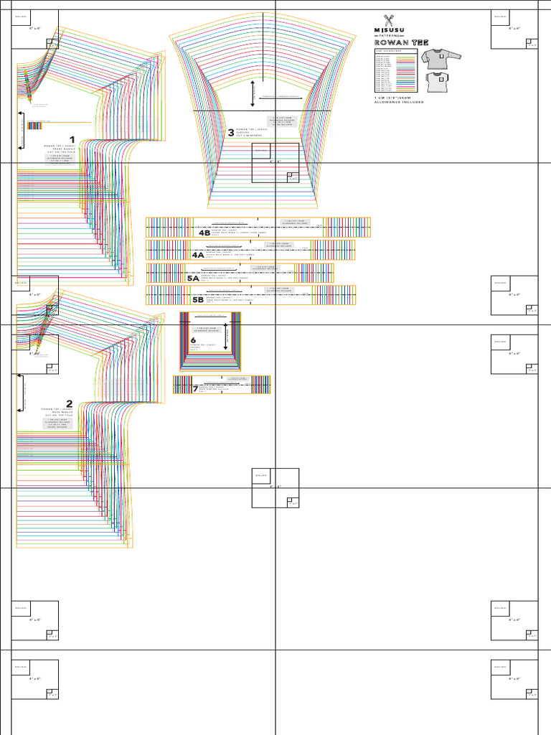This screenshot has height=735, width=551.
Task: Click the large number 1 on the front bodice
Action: (x=72, y=140)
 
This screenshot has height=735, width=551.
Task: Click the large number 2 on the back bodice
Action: (x=69, y=404)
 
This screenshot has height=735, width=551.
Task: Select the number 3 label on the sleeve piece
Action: (x=231, y=132)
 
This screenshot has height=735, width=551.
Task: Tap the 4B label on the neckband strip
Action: (x=204, y=233)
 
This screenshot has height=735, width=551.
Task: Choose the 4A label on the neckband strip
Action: (x=198, y=255)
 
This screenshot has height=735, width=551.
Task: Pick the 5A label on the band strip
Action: (x=193, y=277)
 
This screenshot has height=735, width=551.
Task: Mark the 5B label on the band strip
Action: (x=198, y=299)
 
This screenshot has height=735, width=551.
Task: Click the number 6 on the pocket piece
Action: (x=193, y=340)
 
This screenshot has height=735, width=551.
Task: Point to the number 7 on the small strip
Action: (x=194, y=388)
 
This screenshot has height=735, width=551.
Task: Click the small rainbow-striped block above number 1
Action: (x=34, y=126)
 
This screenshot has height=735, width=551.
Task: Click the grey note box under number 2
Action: (x=57, y=423)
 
